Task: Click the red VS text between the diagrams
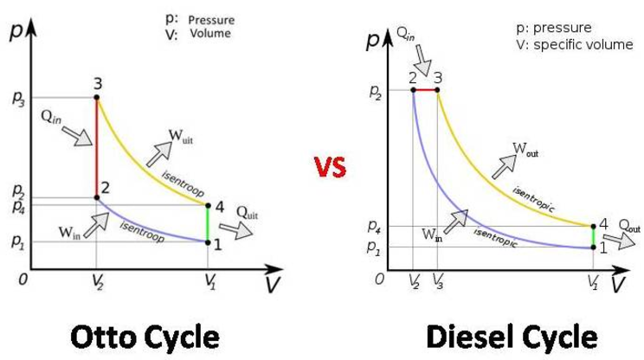point(330,167)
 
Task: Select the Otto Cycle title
point(145,335)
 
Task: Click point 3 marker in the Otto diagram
point(97,98)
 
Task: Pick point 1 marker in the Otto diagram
point(208,242)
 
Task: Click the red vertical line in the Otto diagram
point(97,147)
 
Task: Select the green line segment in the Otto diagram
point(208,224)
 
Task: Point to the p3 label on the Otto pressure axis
point(18,99)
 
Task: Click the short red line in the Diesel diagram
point(425,89)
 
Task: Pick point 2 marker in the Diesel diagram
point(413,89)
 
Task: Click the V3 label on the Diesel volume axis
point(438,282)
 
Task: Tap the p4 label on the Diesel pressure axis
point(373,228)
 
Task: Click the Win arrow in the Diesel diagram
point(456,219)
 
